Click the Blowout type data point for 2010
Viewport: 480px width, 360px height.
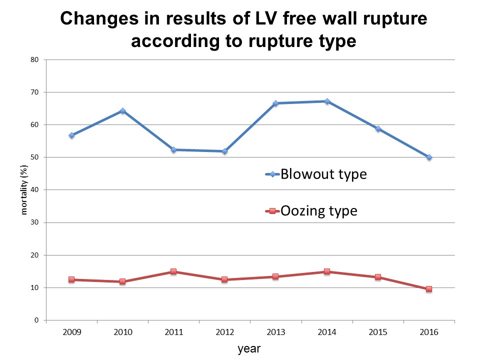click(122, 111)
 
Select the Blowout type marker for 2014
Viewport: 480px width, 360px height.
click(327, 101)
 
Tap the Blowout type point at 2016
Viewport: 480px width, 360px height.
click(429, 157)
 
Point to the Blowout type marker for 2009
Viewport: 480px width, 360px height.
click(71, 135)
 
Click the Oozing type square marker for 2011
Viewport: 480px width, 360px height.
click(173, 271)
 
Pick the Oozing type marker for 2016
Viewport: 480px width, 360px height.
click(429, 289)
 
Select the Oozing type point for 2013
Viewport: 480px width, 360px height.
click(275, 276)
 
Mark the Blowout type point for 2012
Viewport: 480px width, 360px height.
click(224, 151)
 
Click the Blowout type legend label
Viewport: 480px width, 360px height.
click(323, 174)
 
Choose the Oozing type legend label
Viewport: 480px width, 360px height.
click(319, 211)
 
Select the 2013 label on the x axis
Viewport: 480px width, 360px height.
click(275, 332)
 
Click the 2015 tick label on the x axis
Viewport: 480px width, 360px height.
click(378, 332)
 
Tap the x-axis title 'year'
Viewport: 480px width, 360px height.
click(248, 348)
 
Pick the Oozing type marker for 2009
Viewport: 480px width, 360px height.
click(71, 279)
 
